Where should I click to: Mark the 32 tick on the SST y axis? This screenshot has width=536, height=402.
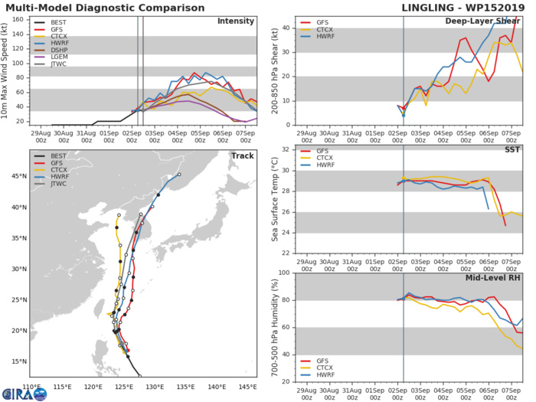(x=286, y=149)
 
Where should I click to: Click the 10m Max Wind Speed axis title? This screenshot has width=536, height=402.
(x=7, y=70)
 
